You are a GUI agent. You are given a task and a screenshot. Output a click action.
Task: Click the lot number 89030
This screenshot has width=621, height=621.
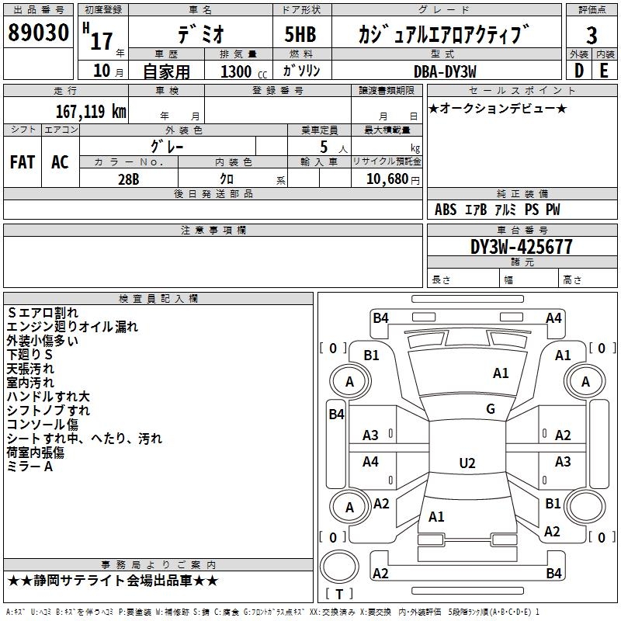pyautogui.click(x=38, y=33)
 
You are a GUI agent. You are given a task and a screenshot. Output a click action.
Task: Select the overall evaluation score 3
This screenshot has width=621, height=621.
pyautogui.click(x=592, y=36)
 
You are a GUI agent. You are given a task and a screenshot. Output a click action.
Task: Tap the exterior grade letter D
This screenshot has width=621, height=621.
pyautogui.click(x=578, y=70)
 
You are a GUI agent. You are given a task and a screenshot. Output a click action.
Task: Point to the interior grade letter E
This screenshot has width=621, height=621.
pyautogui.click(x=604, y=70)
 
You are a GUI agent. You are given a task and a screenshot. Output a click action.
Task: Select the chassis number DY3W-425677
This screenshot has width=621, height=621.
pyautogui.click(x=522, y=247)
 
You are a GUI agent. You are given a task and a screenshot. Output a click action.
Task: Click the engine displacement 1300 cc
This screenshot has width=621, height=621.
pyautogui.click(x=241, y=71)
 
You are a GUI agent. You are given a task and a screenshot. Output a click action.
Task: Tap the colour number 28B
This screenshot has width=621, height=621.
pyautogui.click(x=129, y=178)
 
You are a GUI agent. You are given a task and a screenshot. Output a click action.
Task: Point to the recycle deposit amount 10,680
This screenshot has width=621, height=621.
pyautogui.click(x=386, y=179)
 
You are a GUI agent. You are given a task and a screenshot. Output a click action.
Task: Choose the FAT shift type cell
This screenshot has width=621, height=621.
pyautogui.click(x=23, y=162)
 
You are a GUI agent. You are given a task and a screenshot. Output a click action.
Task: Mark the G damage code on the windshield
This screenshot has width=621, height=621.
pyautogui.click(x=491, y=409)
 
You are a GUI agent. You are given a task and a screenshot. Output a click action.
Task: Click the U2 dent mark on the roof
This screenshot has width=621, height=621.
pyautogui.click(x=467, y=463)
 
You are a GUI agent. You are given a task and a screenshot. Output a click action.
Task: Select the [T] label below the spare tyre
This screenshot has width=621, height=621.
pyautogui.click(x=339, y=594)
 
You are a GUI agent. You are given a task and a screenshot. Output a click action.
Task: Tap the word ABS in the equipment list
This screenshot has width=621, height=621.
pyautogui.click(x=446, y=210)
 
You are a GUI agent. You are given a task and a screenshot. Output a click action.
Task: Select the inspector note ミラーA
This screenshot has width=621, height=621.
pyautogui.click(x=30, y=467)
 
